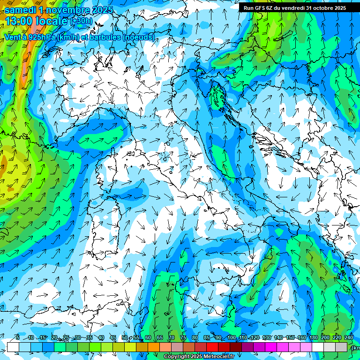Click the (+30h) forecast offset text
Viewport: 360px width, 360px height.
pyautogui.click(x=81, y=21)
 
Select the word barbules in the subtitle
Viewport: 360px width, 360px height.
pyautogui.click(x=103, y=37)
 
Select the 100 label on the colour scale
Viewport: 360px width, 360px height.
pyautogui.click(x=231, y=338)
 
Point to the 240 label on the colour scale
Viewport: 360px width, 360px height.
pyautogui.click(x=349, y=338)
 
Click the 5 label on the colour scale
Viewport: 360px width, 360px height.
pyautogui.click(x=18, y=338)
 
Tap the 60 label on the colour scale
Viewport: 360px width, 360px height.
pyautogui.click(x=148, y=338)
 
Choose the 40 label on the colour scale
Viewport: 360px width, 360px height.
pyautogui.click(x=101, y=338)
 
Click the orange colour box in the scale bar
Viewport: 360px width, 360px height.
pyautogui.click(x=154, y=347)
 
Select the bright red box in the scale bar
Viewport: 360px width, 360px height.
pyautogui.click(x=212, y=347)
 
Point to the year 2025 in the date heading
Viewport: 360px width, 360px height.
pyautogui.click(x=103, y=10)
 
